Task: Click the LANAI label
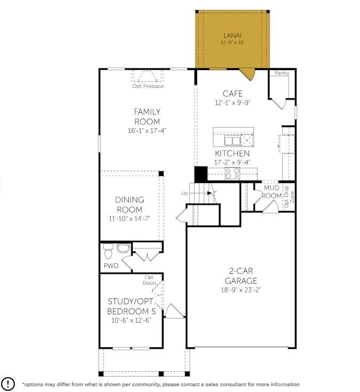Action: click(232, 36)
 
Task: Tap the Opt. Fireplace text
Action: click(148, 86)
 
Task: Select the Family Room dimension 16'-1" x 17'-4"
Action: click(147, 130)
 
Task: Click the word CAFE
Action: click(233, 94)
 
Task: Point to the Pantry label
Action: click(282, 73)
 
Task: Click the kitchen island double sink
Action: click(233, 141)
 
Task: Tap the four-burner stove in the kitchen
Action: click(232, 173)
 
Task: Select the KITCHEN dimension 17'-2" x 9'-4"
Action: click(232, 162)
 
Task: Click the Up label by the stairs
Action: click(184, 194)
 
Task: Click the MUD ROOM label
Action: click(272, 191)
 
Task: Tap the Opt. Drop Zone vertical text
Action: click(289, 197)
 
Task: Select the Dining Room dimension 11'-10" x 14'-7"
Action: click(129, 219)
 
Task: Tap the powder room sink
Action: click(124, 248)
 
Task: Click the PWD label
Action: click(111, 265)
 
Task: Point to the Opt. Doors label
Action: click(150, 280)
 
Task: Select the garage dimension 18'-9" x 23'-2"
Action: click(241, 290)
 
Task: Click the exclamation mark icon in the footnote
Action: click(8, 383)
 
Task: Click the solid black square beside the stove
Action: click(201, 174)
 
